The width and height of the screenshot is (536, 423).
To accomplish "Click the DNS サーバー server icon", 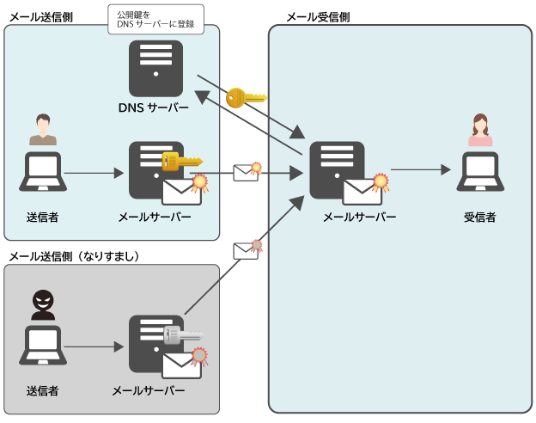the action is click(155, 69).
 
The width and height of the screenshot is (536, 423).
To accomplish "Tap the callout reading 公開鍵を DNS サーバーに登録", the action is click(155, 19).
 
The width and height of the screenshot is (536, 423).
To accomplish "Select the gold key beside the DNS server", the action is click(247, 97).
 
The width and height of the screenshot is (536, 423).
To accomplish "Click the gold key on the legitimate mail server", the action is click(182, 161).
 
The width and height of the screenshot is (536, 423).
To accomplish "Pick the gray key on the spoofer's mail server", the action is click(183, 335).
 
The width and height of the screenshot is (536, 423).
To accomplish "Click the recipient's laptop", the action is click(480, 172).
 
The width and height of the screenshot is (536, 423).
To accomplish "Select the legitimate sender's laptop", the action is click(43, 172).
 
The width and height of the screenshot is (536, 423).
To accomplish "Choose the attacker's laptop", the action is click(43, 346).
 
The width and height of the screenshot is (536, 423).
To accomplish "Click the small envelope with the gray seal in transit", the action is click(247, 249).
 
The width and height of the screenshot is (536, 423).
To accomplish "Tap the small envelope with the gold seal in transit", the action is click(247, 172).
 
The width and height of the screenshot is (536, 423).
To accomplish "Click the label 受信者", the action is click(479, 217).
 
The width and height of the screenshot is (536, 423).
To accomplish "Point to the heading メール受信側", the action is click(318, 17).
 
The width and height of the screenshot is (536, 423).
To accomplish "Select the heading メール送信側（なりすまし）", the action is click(74, 256).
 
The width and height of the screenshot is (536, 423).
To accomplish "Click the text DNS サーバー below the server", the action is click(154, 107).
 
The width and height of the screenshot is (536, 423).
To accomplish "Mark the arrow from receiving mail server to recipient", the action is click(421, 169).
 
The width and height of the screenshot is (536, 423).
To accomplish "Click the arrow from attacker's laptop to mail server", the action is click(94, 347).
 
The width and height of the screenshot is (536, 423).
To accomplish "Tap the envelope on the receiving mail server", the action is click(362, 192).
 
